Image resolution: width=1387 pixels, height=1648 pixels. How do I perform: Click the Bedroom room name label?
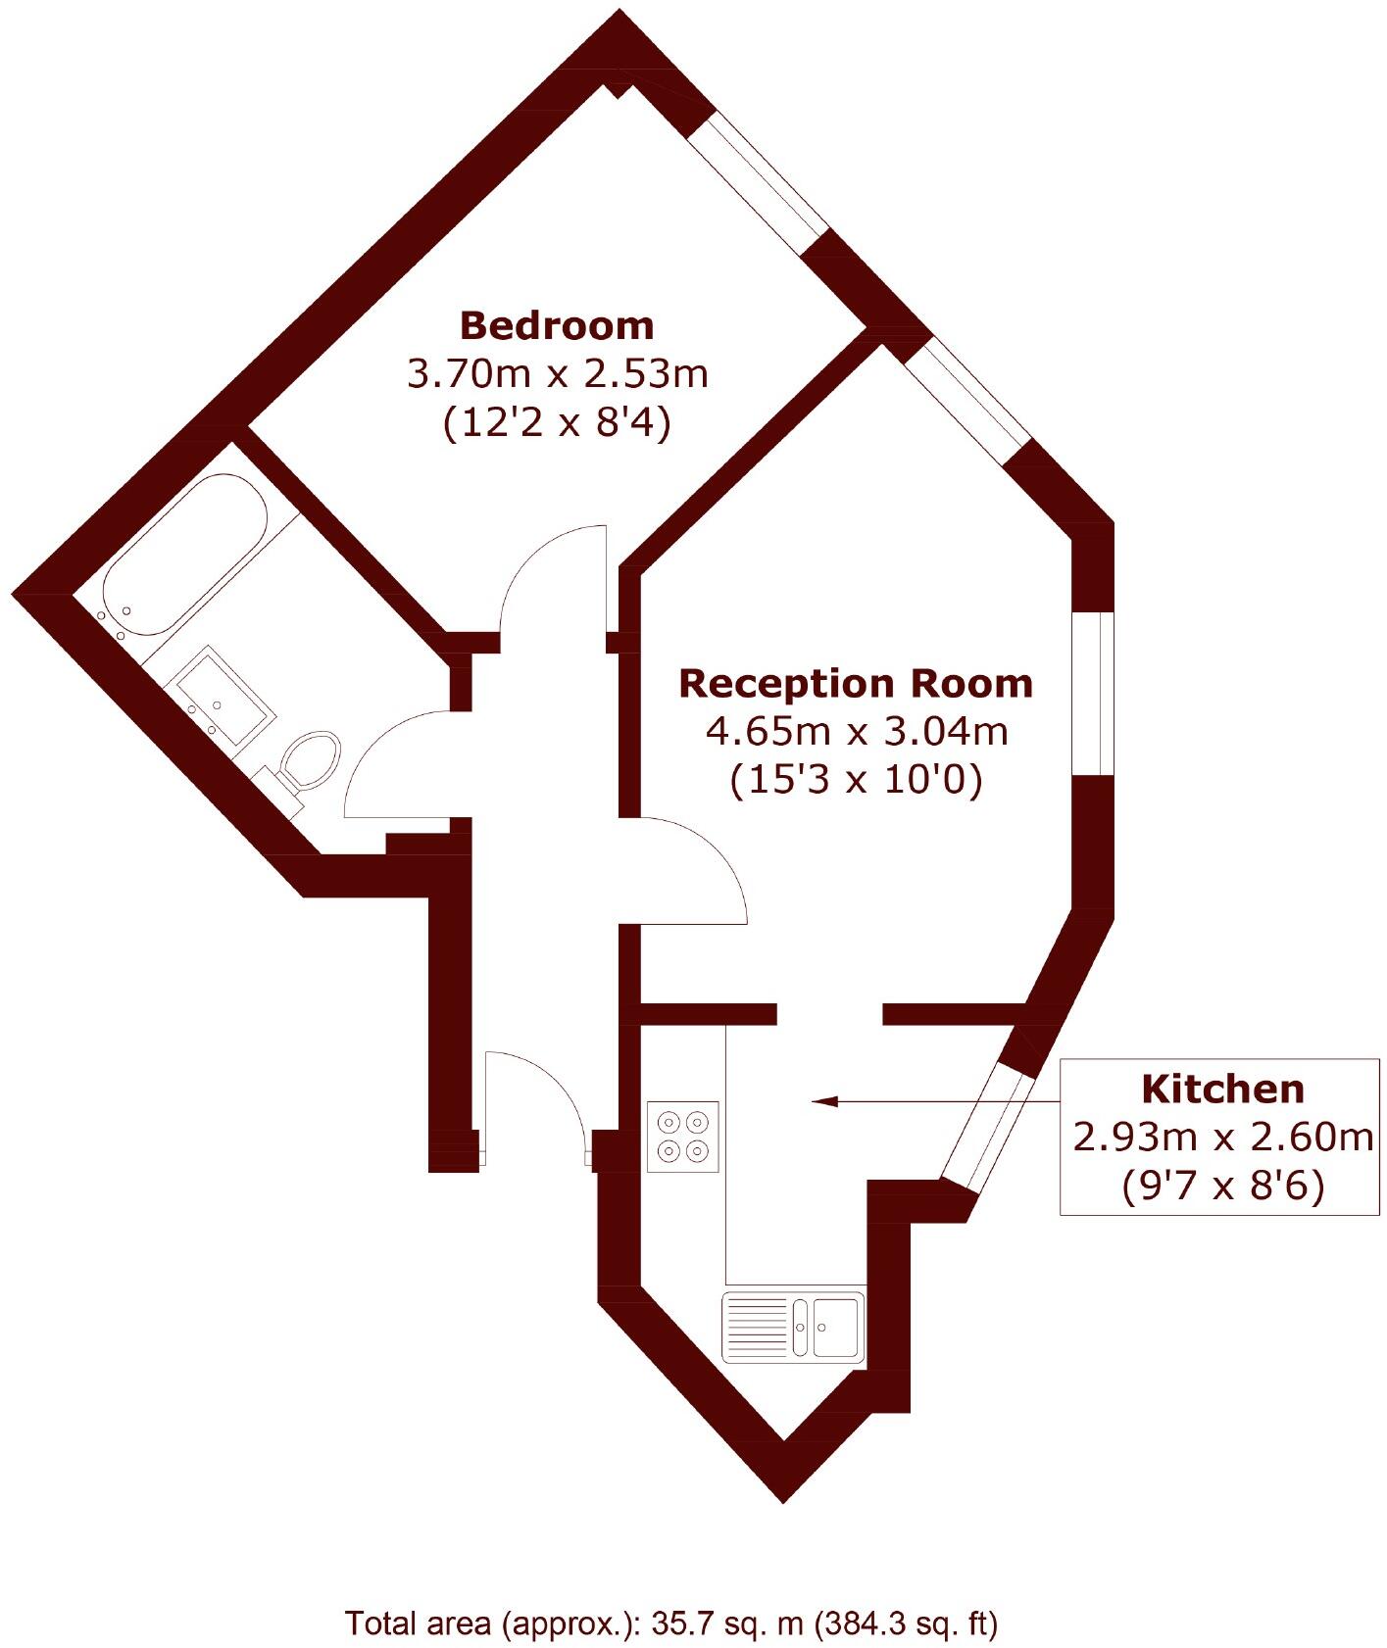(x=556, y=325)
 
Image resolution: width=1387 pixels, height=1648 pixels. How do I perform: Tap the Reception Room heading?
(x=856, y=684)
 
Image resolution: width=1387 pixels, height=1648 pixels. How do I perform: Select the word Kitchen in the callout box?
(x=1222, y=1089)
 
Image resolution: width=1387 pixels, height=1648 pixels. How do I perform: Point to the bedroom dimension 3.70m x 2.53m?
(x=556, y=374)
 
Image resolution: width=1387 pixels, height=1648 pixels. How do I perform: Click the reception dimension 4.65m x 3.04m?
(x=856, y=731)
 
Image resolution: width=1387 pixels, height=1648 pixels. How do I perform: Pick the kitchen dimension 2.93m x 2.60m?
(x=1222, y=1137)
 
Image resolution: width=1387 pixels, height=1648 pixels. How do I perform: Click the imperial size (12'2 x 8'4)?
(x=556, y=424)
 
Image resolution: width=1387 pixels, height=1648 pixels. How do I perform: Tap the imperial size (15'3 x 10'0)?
(x=856, y=781)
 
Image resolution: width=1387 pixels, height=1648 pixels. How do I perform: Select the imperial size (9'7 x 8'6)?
(x=1222, y=1186)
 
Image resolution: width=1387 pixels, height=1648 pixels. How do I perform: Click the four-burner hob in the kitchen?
(x=683, y=1136)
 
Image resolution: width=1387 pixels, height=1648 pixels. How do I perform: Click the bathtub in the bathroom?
(x=184, y=554)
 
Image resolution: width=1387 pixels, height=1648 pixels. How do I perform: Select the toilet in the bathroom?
(x=308, y=760)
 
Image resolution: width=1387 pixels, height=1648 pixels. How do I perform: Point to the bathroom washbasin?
(x=223, y=695)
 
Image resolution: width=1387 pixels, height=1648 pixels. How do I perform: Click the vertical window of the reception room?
(x=1092, y=694)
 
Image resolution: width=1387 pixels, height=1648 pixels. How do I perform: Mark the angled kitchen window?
(x=989, y=1126)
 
